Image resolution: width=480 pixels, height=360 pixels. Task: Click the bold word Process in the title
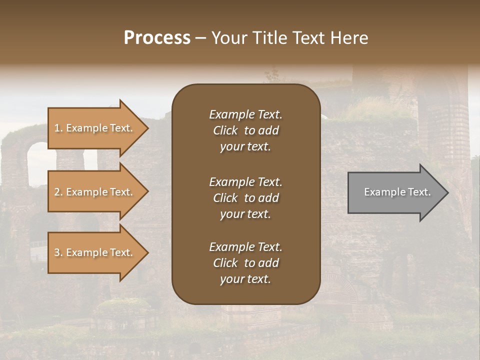pyautogui.click(x=157, y=38)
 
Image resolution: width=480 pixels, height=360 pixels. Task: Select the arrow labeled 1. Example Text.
pyautogui.click(x=95, y=128)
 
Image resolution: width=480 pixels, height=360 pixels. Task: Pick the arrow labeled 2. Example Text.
pyautogui.click(x=95, y=192)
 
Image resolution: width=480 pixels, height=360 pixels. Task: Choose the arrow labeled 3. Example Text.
pyautogui.click(x=95, y=252)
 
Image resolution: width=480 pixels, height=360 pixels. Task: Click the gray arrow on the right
pyautogui.click(x=395, y=192)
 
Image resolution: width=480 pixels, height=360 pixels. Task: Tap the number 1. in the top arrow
pyautogui.click(x=58, y=128)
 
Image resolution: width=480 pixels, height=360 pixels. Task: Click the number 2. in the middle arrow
pyautogui.click(x=58, y=192)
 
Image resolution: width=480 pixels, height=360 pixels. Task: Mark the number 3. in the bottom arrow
pyautogui.click(x=58, y=252)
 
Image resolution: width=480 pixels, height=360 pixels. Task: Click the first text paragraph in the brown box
pyautogui.click(x=245, y=130)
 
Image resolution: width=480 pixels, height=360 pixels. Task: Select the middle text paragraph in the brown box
pyautogui.click(x=245, y=198)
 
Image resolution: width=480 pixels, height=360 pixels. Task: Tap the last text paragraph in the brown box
pyautogui.click(x=245, y=263)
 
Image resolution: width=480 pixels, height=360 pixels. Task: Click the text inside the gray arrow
pyautogui.click(x=397, y=192)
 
